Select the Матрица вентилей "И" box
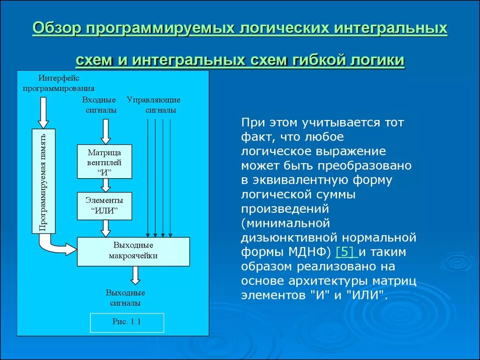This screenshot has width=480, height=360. point(105,161)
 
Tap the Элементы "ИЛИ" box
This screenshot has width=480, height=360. point(105,206)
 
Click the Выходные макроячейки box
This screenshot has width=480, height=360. point(133,252)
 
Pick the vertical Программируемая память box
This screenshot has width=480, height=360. point(44,181)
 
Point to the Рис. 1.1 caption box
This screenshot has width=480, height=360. point(127,322)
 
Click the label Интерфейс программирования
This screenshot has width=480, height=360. point(59,82)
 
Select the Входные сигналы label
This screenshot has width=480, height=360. point(99,105)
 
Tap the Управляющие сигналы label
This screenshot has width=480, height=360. point(154,105)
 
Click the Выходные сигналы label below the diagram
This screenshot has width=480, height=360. point(125,298)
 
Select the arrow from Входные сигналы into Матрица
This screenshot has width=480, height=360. point(106,131)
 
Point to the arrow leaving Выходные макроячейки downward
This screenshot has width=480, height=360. point(135,275)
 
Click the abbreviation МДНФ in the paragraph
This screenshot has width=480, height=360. point(306,252)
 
